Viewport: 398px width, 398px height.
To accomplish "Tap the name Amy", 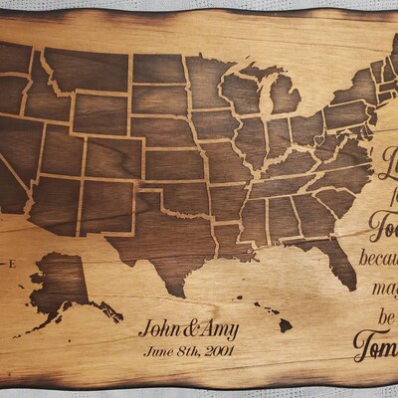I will (x=218, y=329).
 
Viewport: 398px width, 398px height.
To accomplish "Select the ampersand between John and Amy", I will (x=189, y=329).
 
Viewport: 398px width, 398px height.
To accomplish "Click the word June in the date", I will (x=159, y=349).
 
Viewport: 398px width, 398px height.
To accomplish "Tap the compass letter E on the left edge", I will (x=9, y=263).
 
